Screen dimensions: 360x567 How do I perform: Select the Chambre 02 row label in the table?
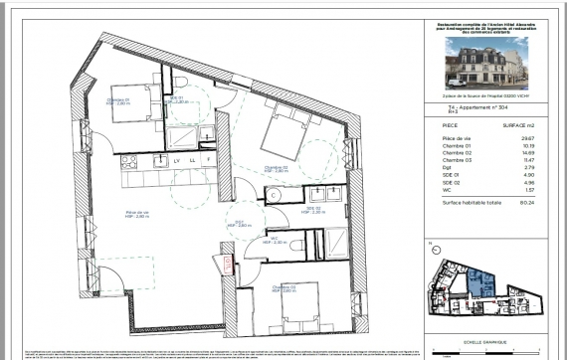tap(458, 154)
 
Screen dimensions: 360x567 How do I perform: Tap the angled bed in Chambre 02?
tap(286, 130)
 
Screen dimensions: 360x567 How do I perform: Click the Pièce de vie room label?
tap(136, 213)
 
